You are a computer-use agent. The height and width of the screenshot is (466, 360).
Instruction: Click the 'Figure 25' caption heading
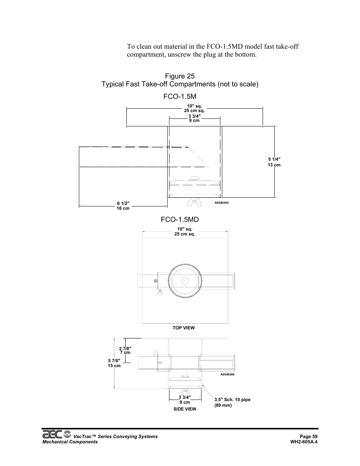pos(180,76)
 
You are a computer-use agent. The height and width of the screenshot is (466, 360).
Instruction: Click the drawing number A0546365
pos(222,203)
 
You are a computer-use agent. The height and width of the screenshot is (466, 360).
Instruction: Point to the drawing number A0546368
pos(228,374)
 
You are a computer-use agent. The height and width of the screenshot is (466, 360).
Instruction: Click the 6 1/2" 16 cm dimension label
pos(123,206)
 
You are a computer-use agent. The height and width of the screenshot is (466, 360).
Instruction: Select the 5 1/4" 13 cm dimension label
pos(274,162)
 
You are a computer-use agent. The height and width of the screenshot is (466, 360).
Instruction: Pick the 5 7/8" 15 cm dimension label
pos(114,363)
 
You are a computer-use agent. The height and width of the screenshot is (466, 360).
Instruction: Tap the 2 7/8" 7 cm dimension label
pos(125,350)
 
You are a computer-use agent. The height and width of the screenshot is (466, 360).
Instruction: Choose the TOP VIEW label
pos(184,328)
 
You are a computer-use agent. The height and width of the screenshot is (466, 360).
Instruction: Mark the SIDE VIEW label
pos(185,409)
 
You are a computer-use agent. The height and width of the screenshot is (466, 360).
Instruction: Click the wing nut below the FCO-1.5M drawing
pos(193,203)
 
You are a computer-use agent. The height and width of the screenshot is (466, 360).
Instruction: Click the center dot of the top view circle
pos(185,281)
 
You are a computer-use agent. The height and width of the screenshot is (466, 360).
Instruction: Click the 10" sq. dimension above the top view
pos(185,231)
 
